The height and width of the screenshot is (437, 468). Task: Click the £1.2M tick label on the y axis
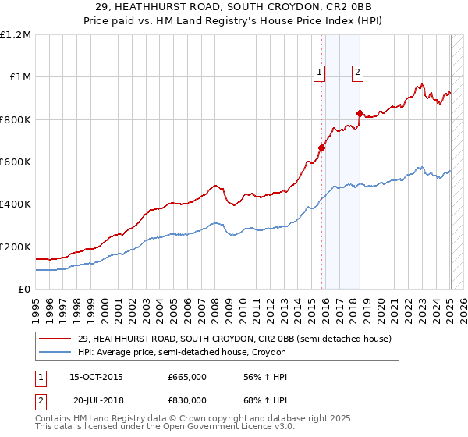coord(15,35)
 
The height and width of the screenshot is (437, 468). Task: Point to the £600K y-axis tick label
coord(15,162)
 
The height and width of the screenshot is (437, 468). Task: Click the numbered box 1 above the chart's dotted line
coord(320,73)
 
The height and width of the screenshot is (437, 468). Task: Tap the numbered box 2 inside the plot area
coord(357,73)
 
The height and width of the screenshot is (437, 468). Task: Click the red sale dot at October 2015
coord(321,147)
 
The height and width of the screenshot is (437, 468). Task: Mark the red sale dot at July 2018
coord(360,113)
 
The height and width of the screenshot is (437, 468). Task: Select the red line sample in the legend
coord(56,339)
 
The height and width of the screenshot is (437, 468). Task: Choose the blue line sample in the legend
coord(56,352)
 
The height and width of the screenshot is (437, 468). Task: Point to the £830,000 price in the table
coord(186,400)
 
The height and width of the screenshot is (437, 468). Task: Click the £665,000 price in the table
coord(186,377)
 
